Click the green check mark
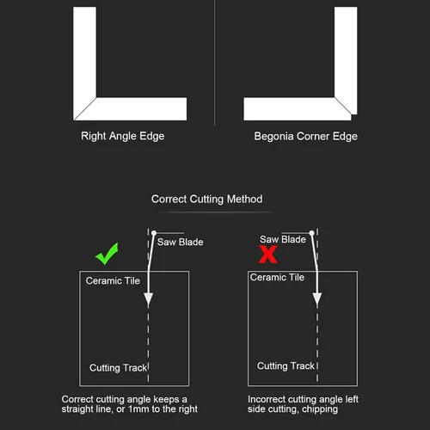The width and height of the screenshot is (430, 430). [107, 254]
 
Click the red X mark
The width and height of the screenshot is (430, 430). [268, 255]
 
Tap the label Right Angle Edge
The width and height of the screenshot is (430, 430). [123, 136]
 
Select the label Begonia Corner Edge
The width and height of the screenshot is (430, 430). [305, 137]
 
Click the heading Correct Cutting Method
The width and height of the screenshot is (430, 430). [207, 199]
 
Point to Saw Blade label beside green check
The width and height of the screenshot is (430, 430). [181, 242]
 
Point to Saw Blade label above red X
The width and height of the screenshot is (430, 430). [283, 239]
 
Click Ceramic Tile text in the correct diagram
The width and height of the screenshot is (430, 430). [113, 280]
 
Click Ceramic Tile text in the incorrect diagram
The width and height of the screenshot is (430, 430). [277, 277]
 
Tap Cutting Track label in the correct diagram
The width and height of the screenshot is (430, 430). [118, 368]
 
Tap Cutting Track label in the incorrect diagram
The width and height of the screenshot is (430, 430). [286, 366]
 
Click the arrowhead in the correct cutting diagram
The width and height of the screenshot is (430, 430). [148, 299]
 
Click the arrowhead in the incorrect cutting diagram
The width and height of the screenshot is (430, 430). [317, 299]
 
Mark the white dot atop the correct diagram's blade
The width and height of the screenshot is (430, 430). [154, 233]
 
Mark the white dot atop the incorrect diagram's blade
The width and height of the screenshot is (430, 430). [312, 233]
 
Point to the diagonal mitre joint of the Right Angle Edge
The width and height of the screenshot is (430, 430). [85, 108]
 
